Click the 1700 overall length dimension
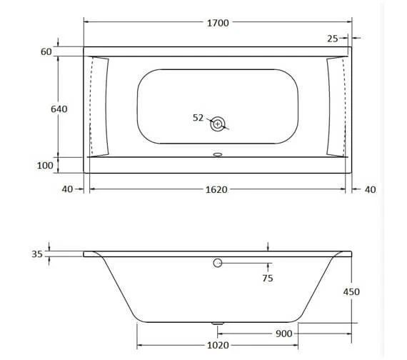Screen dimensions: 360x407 [217, 23]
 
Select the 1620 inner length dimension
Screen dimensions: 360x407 [217, 189]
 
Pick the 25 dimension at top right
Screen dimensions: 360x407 [333, 38]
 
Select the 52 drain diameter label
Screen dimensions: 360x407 [199, 118]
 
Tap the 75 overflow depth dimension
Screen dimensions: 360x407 [268, 278]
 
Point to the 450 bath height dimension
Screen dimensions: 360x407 [351, 291]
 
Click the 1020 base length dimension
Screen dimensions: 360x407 [217, 345]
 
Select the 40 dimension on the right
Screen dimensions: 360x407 [369, 189]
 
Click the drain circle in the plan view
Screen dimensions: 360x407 [218, 124]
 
